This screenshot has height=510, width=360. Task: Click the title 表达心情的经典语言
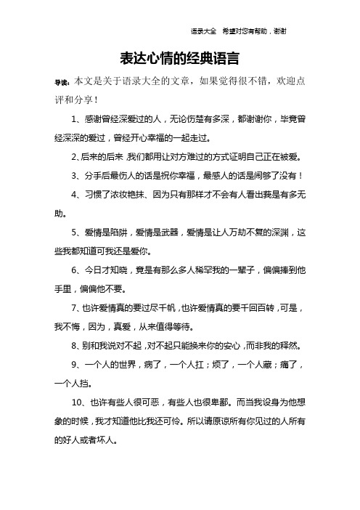point(179,57)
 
